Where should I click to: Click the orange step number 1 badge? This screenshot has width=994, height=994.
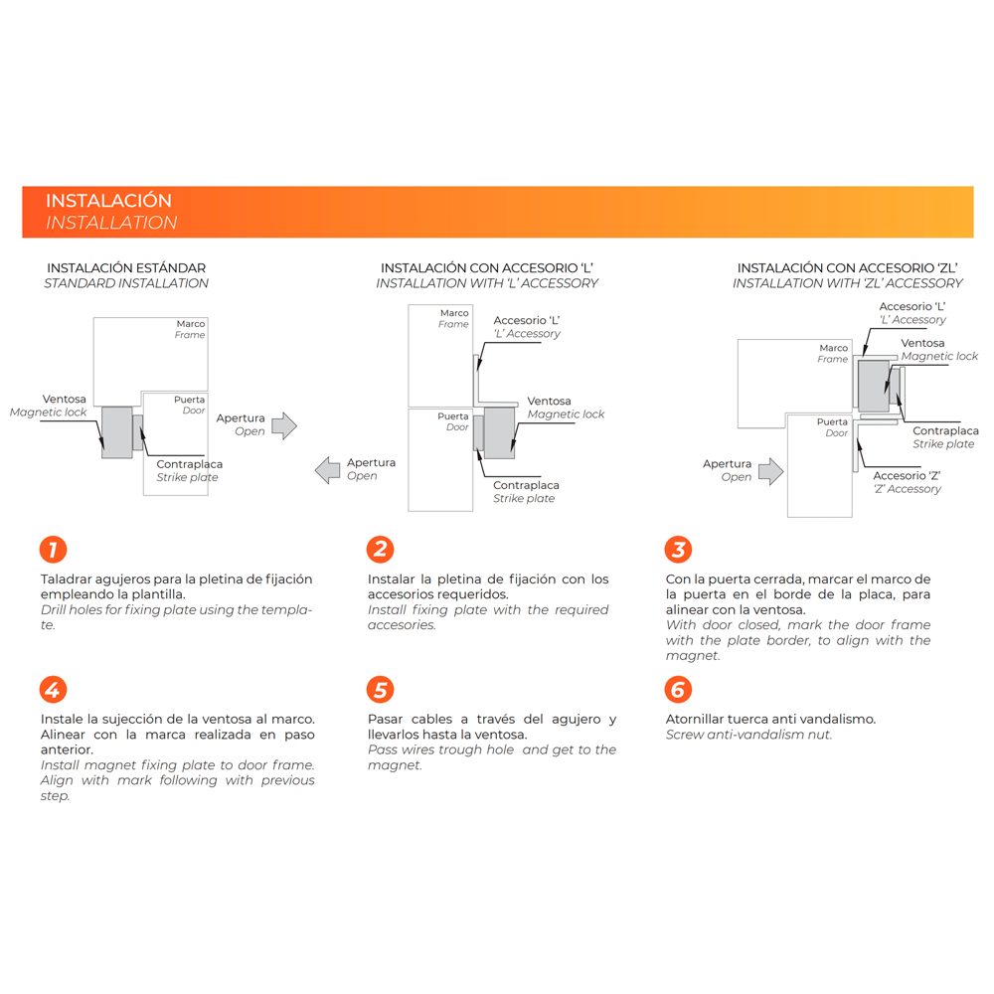coord(53,550)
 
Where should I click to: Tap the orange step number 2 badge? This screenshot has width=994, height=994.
coord(380,550)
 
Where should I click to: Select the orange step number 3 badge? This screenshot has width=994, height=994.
coord(678,550)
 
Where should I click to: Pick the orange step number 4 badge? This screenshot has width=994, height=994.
coord(53,690)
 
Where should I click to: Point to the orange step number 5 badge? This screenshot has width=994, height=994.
coord(380,690)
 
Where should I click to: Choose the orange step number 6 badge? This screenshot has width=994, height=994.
coord(678,690)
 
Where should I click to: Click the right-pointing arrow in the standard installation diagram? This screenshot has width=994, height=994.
coord(284,425)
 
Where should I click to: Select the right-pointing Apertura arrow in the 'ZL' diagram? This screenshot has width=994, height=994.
coord(770,470)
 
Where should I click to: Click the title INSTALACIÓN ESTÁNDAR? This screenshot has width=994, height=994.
coord(126,268)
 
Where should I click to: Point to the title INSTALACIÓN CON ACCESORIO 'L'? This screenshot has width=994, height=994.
coord(487,268)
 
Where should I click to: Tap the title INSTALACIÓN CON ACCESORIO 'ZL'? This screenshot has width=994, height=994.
coord(848,268)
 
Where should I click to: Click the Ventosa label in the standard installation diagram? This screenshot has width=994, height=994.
coord(64,400)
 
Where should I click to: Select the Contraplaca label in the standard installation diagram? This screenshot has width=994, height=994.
coord(189,464)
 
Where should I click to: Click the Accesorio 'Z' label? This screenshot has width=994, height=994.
coord(907,476)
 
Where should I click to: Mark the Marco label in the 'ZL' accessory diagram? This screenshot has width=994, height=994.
coord(834,348)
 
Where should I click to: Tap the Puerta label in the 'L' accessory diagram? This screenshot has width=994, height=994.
coord(453,416)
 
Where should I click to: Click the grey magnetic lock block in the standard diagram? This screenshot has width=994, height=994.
coord(117,431)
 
